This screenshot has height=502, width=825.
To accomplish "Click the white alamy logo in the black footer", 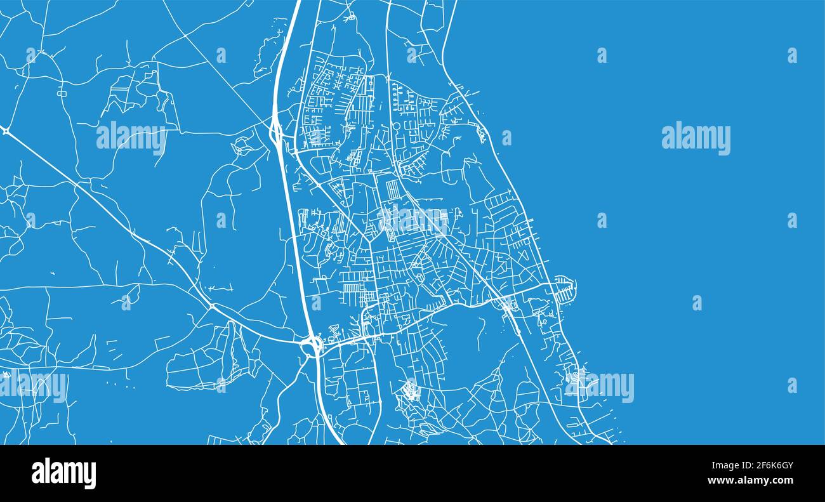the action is pyautogui.click(x=63, y=473).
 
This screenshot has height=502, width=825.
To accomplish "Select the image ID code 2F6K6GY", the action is pyautogui.click(x=770, y=466).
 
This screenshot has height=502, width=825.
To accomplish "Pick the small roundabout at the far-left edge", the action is pyautogui.click(x=5, y=131).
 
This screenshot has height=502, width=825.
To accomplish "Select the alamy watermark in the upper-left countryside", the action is pyautogui.click(x=131, y=137).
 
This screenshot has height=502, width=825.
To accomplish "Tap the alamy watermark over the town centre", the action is pyautogui.click(x=413, y=220).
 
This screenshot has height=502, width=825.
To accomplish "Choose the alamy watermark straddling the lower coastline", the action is pyautogui.click(x=600, y=386).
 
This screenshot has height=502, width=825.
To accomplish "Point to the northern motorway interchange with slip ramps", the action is pyautogui.click(x=277, y=131).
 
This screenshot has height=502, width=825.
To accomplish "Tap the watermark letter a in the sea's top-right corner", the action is pyautogui.click(x=792, y=55).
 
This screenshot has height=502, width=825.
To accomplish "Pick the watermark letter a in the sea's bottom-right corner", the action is pyautogui.click(x=792, y=385).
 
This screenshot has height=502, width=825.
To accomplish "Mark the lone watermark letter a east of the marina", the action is pyautogui.click(x=697, y=303).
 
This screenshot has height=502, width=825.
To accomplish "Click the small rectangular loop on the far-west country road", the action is pyautogui.click(x=62, y=93).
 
